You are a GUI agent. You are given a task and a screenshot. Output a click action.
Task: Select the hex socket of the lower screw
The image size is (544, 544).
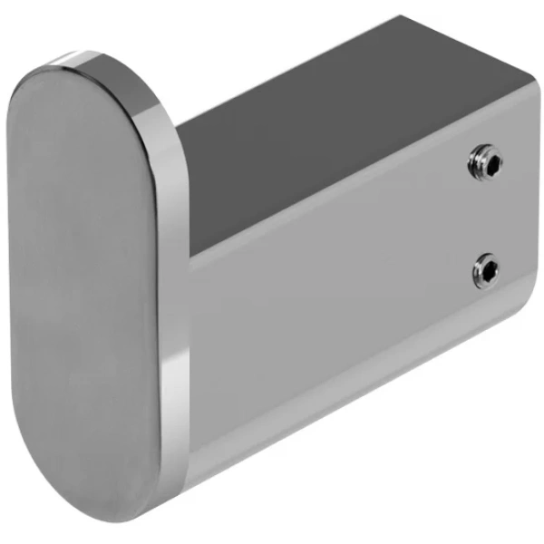tap(488, 269)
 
